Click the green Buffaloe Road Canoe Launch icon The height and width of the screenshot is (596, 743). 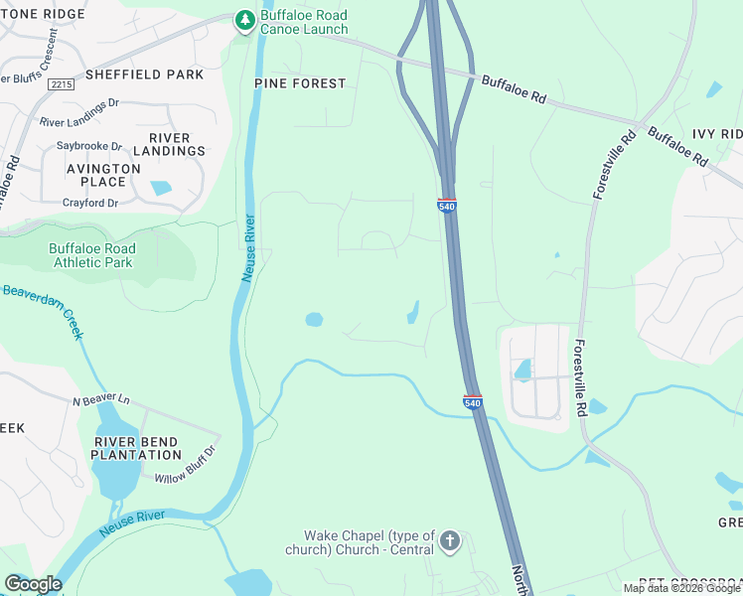[x=244, y=20]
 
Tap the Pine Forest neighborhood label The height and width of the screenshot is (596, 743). [x=300, y=83]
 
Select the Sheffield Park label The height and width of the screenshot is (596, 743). [x=144, y=74]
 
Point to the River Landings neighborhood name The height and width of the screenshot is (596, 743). [x=177, y=144]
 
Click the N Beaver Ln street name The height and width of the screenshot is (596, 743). [x=101, y=400]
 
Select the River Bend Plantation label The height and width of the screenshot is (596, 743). [x=136, y=448]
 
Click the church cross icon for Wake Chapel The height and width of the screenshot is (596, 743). [x=450, y=541]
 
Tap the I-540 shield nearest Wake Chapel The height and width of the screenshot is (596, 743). [x=473, y=401]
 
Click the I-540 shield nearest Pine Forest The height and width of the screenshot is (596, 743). [x=446, y=205]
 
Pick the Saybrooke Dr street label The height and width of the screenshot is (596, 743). [x=88, y=146]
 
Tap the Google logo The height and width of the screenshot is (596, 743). [x=33, y=584]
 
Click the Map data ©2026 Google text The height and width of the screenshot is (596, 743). [x=681, y=588]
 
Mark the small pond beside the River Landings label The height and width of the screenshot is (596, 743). [x=160, y=188]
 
